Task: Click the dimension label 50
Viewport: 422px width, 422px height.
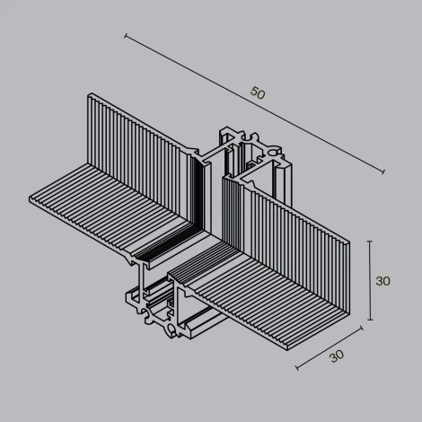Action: tap(259, 93)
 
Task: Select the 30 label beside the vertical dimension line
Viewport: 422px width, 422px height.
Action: tap(383, 281)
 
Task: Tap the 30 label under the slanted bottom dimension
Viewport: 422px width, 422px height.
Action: tap(337, 355)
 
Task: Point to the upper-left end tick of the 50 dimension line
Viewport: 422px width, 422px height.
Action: tap(125, 37)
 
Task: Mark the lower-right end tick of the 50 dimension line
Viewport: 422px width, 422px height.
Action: tap(384, 172)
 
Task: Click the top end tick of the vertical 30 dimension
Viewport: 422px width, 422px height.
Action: tap(369, 242)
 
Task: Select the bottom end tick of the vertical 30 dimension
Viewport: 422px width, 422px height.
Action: tap(369, 320)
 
